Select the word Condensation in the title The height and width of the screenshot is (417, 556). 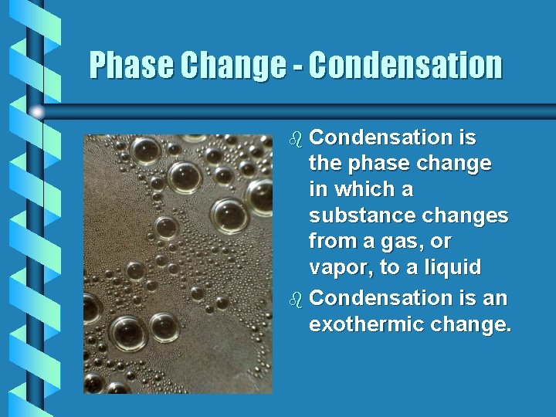tap(405, 66)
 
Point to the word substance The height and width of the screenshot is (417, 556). tap(356, 215)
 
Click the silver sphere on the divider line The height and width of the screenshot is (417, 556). tap(37, 112)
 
